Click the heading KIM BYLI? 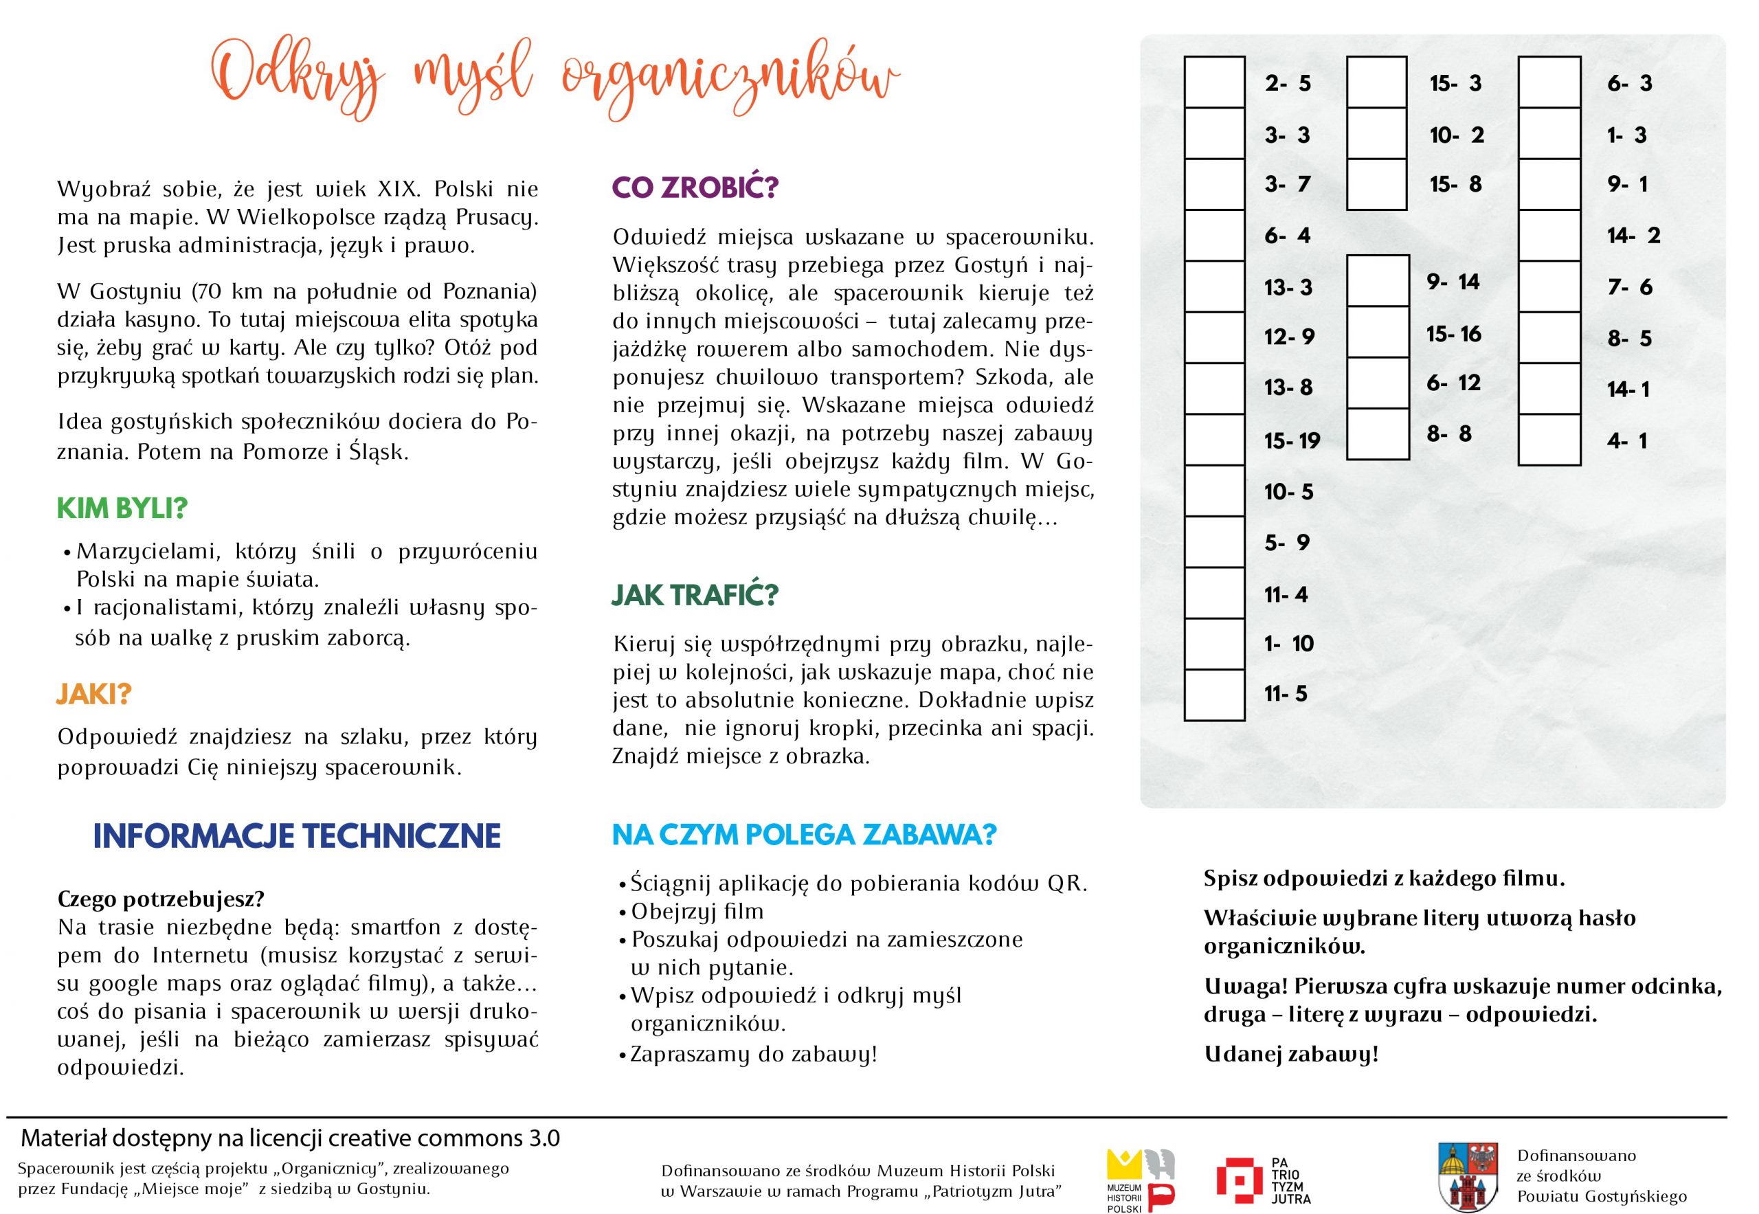(x=122, y=508)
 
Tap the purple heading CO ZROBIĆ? (x=695, y=187)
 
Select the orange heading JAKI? (x=93, y=694)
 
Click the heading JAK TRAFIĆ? (x=695, y=595)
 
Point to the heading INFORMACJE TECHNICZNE (x=297, y=836)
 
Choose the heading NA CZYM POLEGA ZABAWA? (x=803, y=835)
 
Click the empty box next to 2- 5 (x=1214, y=82)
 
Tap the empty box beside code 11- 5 (x=1214, y=695)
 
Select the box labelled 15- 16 (x=1377, y=333)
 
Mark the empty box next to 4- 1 (x=1549, y=440)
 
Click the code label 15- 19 (x=1292, y=440)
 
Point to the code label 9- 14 (x=1453, y=282)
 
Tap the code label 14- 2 (x=1633, y=236)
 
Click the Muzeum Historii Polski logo (x=1139, y=1178)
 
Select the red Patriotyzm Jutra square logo (x=1240, y=1178)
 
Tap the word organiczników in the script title (x=730, y=80)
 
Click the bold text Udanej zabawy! (x=1291, y=1054)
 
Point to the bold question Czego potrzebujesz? (x=161, y=899)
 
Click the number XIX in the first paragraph (x=398, y=189)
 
